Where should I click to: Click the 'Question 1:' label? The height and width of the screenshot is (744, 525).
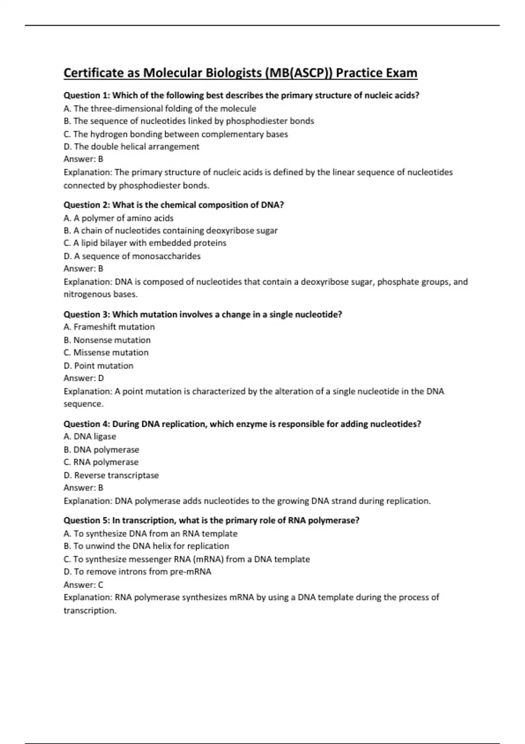click(87, 95)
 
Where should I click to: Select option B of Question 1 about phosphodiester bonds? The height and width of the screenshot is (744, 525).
click(189, 121)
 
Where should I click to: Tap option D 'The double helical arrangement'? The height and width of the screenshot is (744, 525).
click(131, 147)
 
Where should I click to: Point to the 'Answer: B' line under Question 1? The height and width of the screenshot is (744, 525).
click(84, 159)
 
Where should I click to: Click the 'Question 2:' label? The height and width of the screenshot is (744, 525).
click(87, 205)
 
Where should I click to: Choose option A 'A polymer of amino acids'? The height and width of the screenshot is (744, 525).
click(119, 218)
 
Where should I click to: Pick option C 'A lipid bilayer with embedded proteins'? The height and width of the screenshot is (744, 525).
click(145, 243)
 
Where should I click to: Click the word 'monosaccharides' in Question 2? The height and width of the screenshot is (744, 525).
click(166, 256)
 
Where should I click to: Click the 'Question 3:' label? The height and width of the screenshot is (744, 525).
click(87, 314)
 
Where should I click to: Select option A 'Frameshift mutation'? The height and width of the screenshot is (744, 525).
click(109, 327)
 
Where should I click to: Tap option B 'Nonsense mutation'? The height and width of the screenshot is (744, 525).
click(107, 340)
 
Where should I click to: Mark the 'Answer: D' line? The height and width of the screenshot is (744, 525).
click(84, 378)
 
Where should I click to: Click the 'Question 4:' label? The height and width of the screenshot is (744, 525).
click(87, 424)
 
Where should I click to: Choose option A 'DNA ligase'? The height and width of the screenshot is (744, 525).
click(90, 436)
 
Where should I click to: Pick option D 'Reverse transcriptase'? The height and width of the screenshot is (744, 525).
click(111, 475)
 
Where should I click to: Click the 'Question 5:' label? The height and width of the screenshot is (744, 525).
click(87, 520)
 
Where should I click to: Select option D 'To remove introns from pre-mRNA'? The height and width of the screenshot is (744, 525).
click(137, 572)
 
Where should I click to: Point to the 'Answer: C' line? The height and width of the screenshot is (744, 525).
click(84, 585)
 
